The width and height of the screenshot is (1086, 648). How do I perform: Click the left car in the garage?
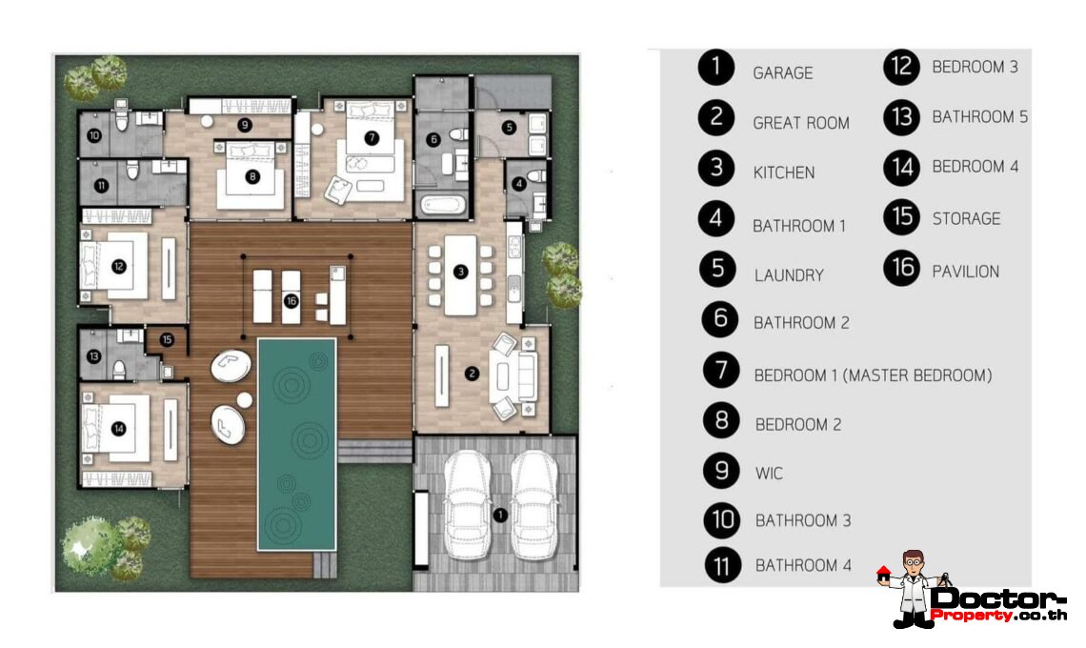(x=466, y=505)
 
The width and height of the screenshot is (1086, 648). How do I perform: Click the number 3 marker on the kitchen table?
(x=461, y=272)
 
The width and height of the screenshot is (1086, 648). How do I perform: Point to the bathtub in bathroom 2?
(x=440, y=205)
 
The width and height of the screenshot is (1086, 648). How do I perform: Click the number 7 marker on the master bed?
(x=372, y=137)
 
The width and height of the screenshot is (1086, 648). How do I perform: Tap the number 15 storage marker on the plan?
(x=167, y=338)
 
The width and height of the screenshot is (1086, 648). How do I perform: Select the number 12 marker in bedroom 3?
(x=119, y=266)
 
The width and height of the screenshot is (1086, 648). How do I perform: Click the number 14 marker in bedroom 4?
(x=119, y=429)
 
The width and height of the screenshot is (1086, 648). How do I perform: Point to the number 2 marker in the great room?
(x=472, y=374)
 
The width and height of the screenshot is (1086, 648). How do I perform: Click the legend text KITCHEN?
(x=783, y=172)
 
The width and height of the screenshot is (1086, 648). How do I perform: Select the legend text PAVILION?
(x=965, y=272)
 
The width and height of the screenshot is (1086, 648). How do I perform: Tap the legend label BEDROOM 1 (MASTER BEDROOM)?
(x=872, y=375)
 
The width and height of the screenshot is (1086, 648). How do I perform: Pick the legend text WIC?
(x=769, y=474)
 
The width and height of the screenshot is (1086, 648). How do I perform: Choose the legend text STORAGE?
(x=965, y=219)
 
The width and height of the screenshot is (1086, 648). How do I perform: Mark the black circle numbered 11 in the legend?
(x=723, y=565)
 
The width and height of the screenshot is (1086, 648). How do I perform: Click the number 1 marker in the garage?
(x=499, y=516)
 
